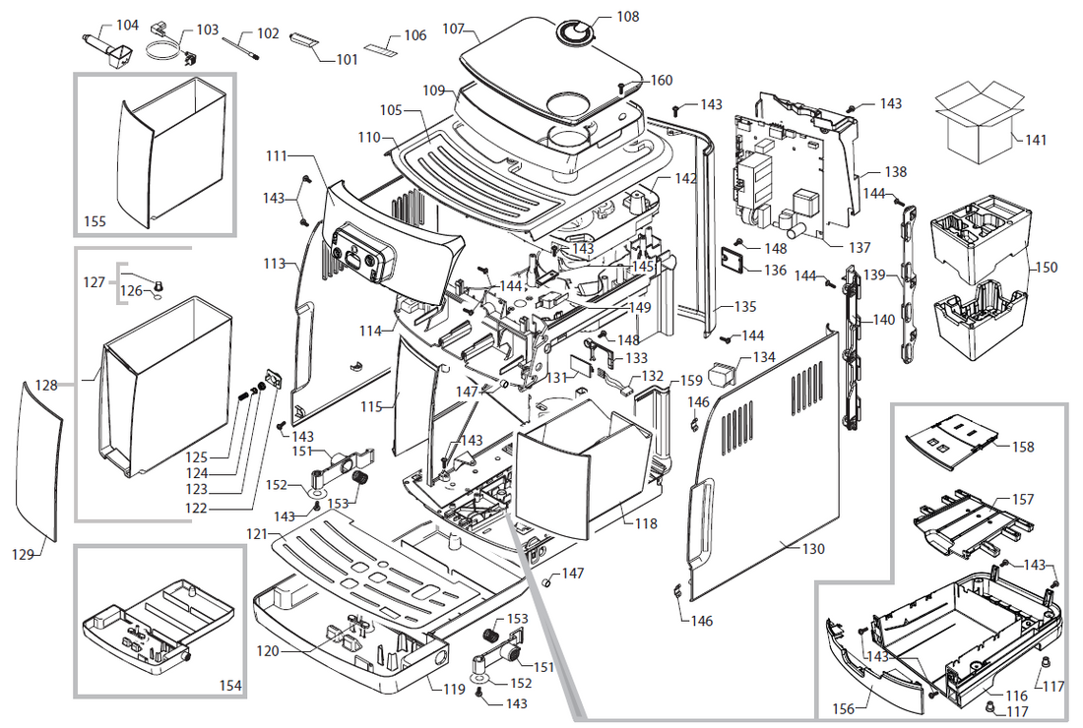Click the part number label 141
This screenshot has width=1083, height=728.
point(1036,141)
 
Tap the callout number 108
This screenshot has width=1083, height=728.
point(627,17)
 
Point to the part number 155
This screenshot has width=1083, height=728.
point(95,222)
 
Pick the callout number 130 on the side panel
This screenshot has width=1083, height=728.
point(813,550)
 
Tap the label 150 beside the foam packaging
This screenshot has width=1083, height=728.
point(1047,268)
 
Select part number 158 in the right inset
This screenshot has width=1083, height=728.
point(1023,447)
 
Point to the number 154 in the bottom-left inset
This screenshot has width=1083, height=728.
point(228,684)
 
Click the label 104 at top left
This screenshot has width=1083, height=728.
point(127,25)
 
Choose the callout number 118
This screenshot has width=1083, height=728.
point(645,524)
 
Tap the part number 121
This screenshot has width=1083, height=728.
point(257,533)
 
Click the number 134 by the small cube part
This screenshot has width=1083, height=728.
point(764,357)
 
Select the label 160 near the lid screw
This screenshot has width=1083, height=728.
point(662,81)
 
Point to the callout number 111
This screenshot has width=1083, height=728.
point(277,155)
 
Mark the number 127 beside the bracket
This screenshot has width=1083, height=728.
point(94,281)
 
